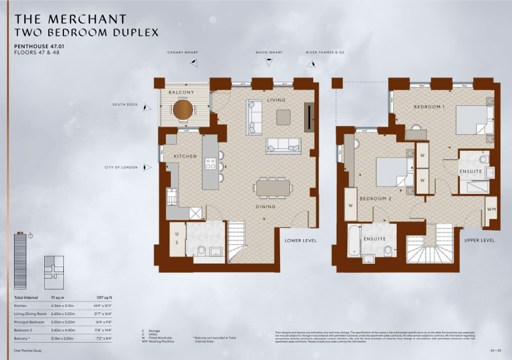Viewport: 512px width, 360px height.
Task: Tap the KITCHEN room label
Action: point(185,156)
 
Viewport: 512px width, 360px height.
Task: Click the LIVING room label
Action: point(276,100)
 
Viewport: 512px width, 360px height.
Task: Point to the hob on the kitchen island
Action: point(211,163)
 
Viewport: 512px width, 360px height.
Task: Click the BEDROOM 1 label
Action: point(430,106)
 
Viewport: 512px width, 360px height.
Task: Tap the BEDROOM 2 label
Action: point(375,199)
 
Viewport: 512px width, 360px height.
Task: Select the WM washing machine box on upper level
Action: point(491,209)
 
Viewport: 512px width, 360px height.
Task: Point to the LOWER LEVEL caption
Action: point(301,240)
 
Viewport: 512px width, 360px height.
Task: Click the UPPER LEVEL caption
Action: point(480,240)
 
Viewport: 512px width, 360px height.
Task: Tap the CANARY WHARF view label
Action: point(183,53)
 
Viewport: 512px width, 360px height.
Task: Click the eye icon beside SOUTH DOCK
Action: point(147,107)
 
